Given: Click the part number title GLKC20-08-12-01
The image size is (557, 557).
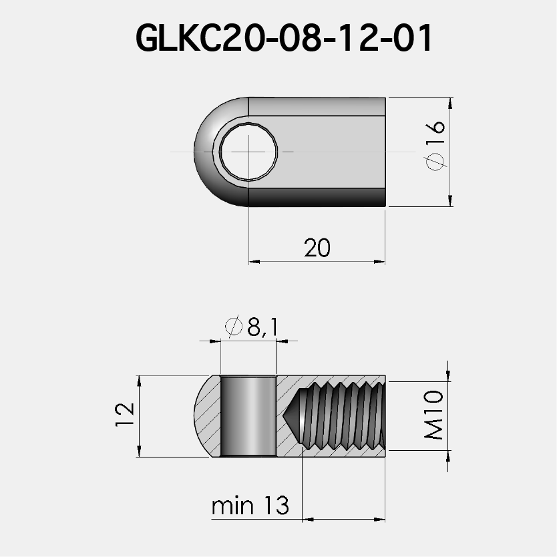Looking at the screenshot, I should (285, 39).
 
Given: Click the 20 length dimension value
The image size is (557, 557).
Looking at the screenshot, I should (317, 248).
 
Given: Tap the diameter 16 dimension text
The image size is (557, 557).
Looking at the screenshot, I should (434, 144).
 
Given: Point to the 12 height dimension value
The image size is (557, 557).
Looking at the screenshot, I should (126, 416).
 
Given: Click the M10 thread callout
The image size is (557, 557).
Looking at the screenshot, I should (434, 416).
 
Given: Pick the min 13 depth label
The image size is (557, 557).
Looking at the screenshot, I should (250, 506).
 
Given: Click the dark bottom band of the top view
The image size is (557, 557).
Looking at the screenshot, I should (317, 197).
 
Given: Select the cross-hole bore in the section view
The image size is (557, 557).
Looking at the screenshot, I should (248, 416).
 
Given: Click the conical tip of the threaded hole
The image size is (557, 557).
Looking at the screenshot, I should (293, 416).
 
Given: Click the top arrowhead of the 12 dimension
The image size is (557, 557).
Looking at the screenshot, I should (140, 381).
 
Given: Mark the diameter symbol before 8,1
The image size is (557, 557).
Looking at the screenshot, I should (234, 327).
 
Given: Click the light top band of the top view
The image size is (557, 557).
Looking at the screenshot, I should (317, 106).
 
